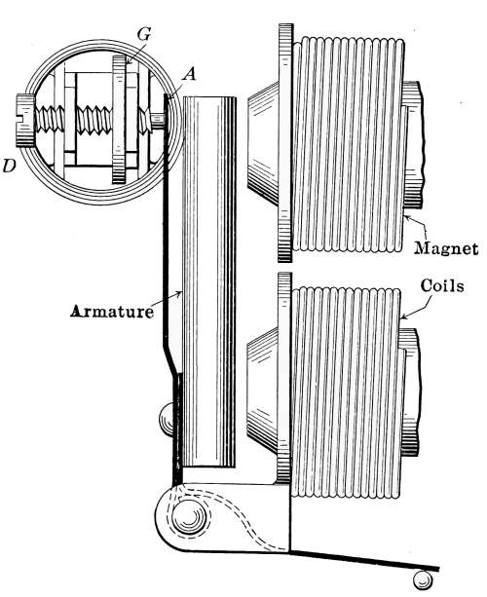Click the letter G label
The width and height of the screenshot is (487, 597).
pos(144,34)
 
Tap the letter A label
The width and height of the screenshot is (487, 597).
pos(189,74)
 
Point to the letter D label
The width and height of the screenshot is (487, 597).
pos(9,166)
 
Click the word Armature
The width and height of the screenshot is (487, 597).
pos(112,312)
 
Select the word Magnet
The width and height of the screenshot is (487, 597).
pos(446,248)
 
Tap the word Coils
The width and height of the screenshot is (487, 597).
pos(442,285)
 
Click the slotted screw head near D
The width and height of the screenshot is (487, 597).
pos(25,120)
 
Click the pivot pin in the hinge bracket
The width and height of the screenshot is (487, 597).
pos(189,518)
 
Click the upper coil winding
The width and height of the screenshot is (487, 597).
pos(348,145)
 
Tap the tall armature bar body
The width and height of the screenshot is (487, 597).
pos(209,281)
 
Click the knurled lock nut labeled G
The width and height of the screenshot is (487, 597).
pos(119,119)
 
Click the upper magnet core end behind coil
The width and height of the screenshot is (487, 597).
pos(413,145)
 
